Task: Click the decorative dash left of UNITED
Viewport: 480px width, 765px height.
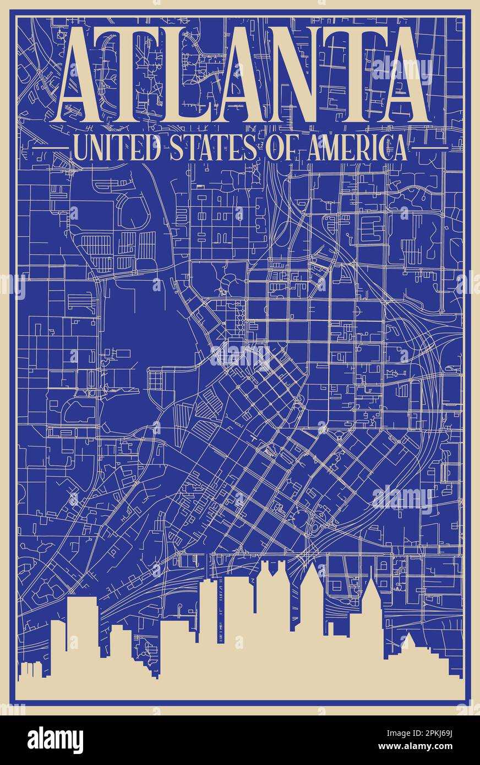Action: click(50, 149)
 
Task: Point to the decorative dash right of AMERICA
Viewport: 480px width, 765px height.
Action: click(429, 149)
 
